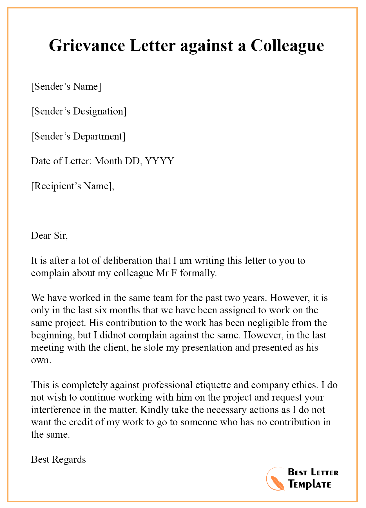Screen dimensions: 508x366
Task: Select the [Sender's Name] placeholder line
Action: coord(66,87)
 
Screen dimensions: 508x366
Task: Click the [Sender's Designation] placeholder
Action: coord(79,111)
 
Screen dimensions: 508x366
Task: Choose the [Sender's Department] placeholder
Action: coord(78,136)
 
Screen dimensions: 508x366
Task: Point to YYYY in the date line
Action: coord(160,161)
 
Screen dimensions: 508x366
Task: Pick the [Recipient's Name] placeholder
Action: coord(72,186)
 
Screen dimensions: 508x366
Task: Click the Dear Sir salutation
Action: coord(49,236)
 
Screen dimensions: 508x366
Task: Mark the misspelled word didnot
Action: coord(114,335)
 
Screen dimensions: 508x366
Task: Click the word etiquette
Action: coord(212,385)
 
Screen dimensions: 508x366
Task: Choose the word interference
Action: coord(55,410)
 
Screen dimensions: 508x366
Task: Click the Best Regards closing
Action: coord(58,460)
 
